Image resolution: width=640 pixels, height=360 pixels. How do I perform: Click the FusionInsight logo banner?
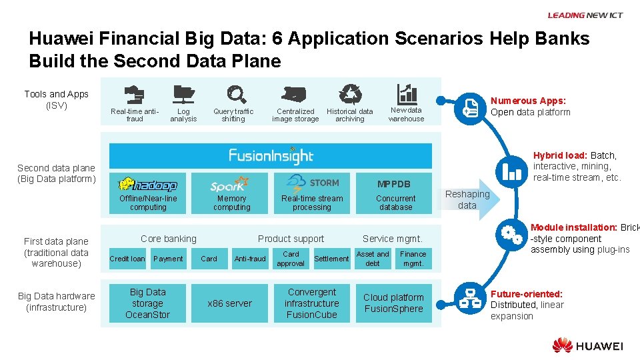[x=271, y=156]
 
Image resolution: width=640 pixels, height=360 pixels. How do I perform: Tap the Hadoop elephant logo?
[x=148, y=185]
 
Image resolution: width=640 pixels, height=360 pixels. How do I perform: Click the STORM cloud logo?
[x=312, y=183]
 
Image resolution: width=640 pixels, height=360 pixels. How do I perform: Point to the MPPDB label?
[x=394, y=184]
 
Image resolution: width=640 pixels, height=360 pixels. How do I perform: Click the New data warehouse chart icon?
[x=407, y=93]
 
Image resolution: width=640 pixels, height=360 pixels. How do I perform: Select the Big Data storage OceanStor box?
[x=148, y=303]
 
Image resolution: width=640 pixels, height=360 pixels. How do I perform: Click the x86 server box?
[x=230, y=303]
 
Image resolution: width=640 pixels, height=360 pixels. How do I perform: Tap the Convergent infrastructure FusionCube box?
[x=312, y=303]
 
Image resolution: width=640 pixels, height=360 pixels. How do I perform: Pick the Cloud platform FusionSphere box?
[x=393, y=303]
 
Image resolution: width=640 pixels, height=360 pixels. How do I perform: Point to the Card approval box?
[x=291, y=259]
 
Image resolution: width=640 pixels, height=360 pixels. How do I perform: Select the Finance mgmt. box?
[x=413, y=259]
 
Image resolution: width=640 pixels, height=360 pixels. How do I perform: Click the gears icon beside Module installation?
[x=512, y=235]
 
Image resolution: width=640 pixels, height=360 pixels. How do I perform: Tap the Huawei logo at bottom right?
[x=587, y=345]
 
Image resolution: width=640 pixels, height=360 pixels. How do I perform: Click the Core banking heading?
[x=169, y=239]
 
